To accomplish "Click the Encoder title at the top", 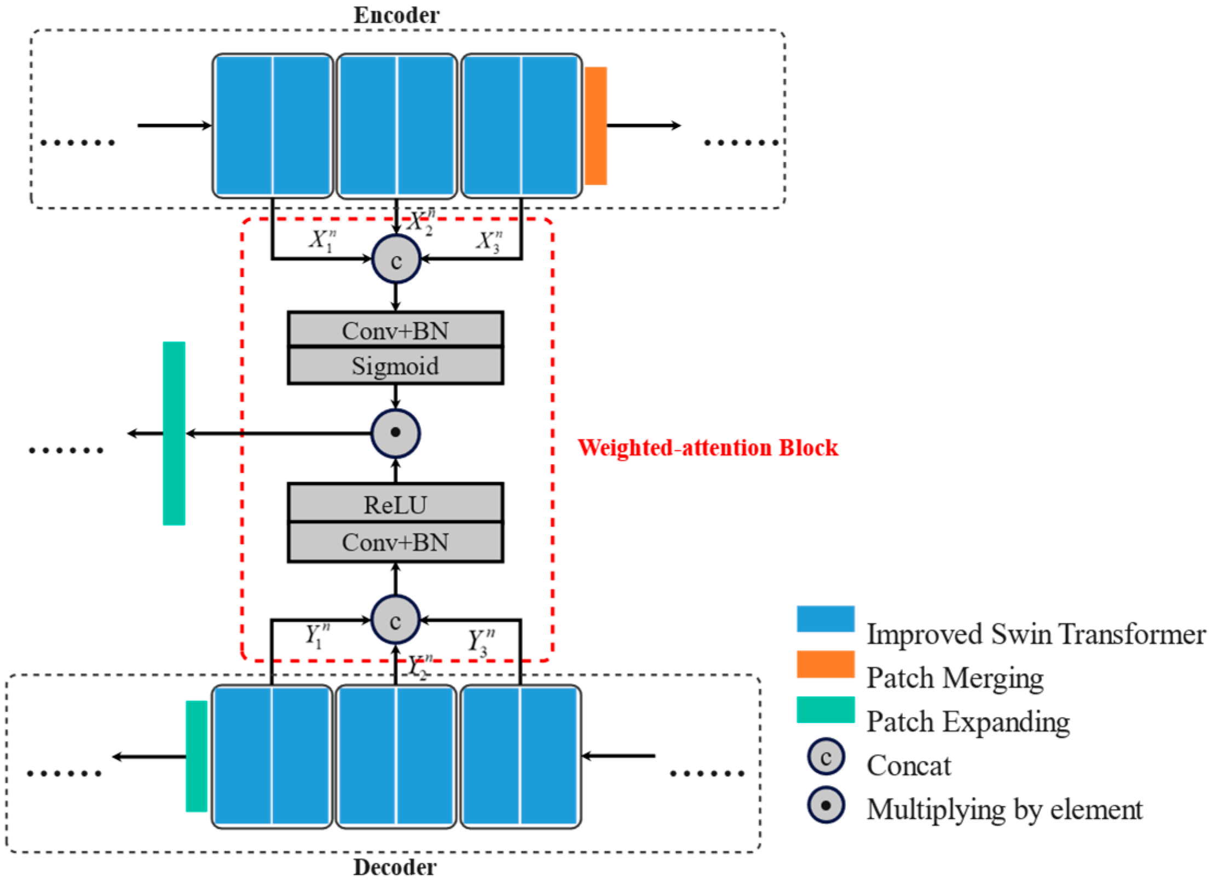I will [396, 15].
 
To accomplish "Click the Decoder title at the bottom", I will [395, 867].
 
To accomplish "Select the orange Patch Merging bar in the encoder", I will [596, 126].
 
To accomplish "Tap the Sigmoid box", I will [395, 366].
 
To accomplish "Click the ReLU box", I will [395, 504].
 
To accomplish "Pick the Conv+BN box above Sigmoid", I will [395, 330].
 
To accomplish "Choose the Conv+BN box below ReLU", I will [395, 542].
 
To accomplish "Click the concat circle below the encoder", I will [396, 259].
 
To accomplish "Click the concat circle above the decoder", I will [395, 620].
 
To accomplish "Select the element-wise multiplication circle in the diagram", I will [395, 433].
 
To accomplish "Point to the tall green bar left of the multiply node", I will [174, 433].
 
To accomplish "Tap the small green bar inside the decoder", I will [197, 756].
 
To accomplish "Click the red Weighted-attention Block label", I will [707, 448].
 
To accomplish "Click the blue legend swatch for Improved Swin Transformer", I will [825, 619].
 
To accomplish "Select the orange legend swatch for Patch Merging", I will [825, 664].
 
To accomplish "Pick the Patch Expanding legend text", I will [967, 722].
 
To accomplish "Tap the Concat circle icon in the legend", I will [826, 757].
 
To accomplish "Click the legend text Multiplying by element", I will [1004, 809].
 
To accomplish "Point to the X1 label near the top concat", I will [322, 240].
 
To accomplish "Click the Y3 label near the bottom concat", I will [481, 641].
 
